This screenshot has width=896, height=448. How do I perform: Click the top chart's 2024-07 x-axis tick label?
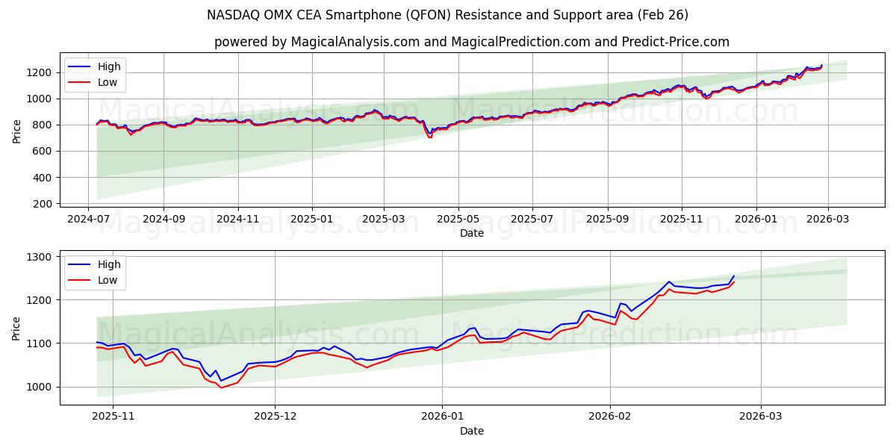click(x=89, y=220)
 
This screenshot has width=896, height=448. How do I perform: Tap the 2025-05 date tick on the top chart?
click(x=458, y=220)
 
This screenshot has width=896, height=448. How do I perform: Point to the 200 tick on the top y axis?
click(x=45, y=204)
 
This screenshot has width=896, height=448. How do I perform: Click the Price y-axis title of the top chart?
click(x=16, y=131)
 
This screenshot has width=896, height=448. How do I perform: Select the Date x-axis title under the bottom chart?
click(x=471, y=431)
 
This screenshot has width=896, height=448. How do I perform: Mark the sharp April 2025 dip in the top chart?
click(x=429, y=137)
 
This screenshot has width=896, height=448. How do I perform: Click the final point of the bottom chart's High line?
click(x=734, y=276)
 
